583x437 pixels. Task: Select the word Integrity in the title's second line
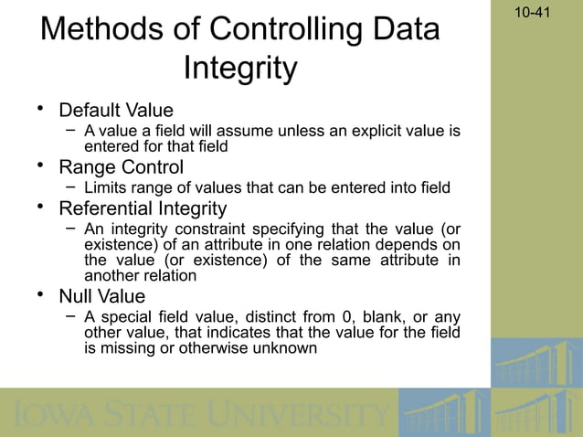click(240, 69)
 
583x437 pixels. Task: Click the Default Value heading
click(116, 112)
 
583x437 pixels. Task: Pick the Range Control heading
click(121, 167)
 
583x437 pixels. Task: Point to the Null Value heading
click(101, 296)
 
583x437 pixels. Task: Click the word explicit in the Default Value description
click(350, 132)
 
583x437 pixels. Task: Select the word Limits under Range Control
click(106, 188)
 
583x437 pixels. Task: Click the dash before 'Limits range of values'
click(69, 187)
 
